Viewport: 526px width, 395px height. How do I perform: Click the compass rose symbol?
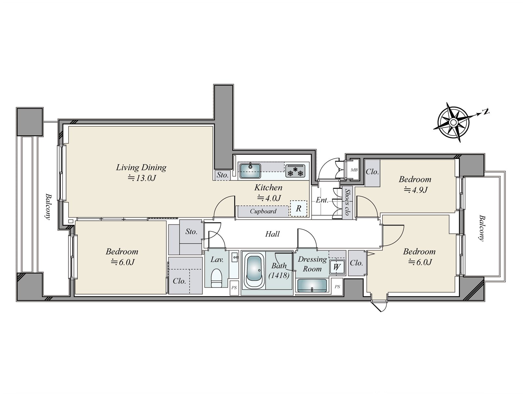[x=453, y=122]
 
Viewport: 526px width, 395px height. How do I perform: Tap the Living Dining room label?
[x=141, y=168]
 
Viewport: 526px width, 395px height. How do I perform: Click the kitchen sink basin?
[x=250, y=171]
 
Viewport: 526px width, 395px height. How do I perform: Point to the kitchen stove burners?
[x=295, y=171]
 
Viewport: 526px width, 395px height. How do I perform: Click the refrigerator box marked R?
[x=299, y=208]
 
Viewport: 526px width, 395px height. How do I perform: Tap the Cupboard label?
[x=263, y=211]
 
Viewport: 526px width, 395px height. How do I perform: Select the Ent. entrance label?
[x=322, y=200]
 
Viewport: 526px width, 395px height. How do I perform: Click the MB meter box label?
[x=354, y=170]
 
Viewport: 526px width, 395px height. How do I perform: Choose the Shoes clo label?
[x=347, y=202]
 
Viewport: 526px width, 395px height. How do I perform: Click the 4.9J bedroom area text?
[x=416, y=190]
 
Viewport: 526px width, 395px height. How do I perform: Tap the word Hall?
[x=272, y=234]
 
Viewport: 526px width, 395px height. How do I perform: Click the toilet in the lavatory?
[x=216, y=278]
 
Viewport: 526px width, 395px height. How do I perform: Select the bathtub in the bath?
[x=254, y=272]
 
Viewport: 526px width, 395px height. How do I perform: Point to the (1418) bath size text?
[x=279, y=276]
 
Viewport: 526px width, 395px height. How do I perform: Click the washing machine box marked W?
[x=337, y=267]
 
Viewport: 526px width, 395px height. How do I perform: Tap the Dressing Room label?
[x=312, y=264]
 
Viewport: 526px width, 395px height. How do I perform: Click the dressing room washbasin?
[x=312, y=285]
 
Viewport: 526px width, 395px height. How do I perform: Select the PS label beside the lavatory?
[x=234, y=288]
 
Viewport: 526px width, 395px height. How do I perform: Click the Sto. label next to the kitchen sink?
[x=222, y=175]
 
